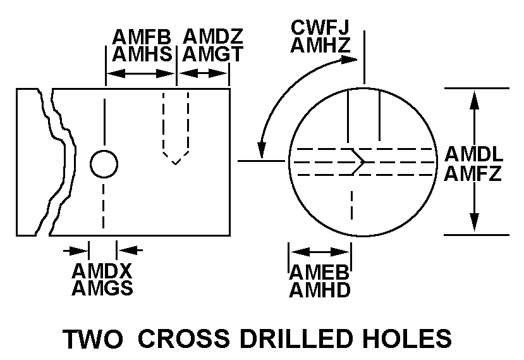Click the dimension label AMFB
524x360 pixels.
point(142,37)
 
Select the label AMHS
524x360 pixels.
point(142,54)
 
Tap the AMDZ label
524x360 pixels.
point(213,37)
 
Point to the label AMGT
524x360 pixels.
point(213,54)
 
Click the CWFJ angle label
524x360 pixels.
point(320,27)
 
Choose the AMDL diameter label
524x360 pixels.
point(473,154)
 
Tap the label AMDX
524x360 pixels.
point(102,271)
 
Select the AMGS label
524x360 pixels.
point(102,289)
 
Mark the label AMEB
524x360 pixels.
point(320,272)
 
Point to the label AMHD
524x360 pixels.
point(320,290)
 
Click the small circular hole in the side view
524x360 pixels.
point(104,164)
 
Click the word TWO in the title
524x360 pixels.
point(92,338)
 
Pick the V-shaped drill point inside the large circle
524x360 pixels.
point(360,160)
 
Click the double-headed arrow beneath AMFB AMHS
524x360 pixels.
point(140,74)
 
